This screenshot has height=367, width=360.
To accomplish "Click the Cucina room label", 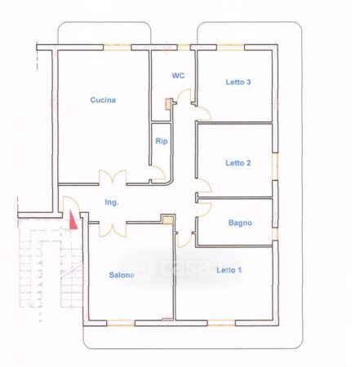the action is pyautogui.click(x=103, y=100).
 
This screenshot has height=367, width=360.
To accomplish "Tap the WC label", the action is pyautogui.click(x=178, y=76).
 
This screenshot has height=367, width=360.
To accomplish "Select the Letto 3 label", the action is pyautogui.click(x=238, y=82).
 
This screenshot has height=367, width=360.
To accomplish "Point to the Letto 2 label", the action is pyautogui.click(x=238, y=163).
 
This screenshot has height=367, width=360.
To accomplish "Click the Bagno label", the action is pyautogui.click(x=240, y=223).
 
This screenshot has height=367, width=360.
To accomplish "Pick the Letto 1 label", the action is pyautogui.click(x=229, y=270).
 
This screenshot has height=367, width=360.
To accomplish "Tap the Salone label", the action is pyautogui.click(x=122, y=275).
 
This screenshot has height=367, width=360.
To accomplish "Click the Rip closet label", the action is pyautogui.click(x=162, y=141).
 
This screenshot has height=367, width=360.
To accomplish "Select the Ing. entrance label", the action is pyautogui.click(x=112, y=202).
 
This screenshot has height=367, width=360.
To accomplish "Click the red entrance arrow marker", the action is pyautogui.click(x=73, y=220).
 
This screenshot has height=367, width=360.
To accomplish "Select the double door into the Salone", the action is pyautogui.click(x=113, y=229).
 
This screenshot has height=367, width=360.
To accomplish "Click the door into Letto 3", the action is pyautogui.click(x=202, y=113).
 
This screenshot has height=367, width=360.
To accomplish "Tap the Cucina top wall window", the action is pyautogui.click(x=117, y=47).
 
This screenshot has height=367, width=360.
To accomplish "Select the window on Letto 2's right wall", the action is pyautogui.click(x=275, y=166).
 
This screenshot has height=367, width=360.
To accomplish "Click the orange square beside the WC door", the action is pyautogui.click(x=168, y=104).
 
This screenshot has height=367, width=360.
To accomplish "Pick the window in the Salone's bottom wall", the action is pyautogui.click(x=121, y=323).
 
